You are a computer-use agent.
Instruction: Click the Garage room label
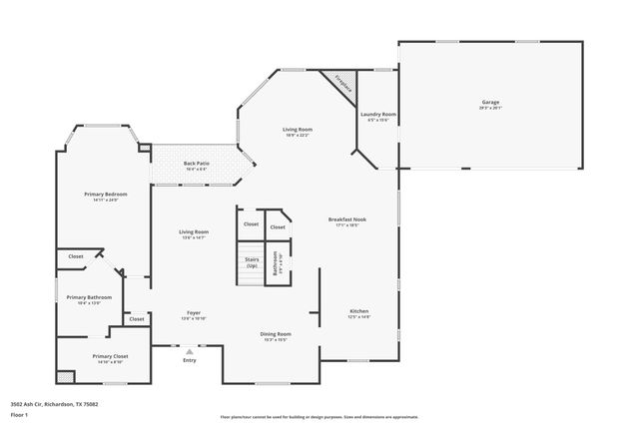(x=490, y=102)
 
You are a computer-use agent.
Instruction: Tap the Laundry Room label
(x=378, y=115)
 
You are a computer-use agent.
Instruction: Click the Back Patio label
(x=196, y=164)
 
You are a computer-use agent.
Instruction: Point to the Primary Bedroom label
(x=106, y=194)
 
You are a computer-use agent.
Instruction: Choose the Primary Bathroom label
(x=89, y=297)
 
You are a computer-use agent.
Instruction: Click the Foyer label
(x=194, y=313)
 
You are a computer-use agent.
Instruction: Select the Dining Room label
(x=276, y=334)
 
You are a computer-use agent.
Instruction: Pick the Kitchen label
(x=358, y=311)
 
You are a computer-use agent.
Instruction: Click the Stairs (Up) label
(x=252, y=262)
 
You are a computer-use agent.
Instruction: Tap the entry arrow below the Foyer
(x=189, y=350)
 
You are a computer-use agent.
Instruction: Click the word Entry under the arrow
(x=189, y=360)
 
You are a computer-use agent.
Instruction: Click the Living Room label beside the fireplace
(x=297, y=130)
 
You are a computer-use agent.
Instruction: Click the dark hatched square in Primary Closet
(x=65, y=376)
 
